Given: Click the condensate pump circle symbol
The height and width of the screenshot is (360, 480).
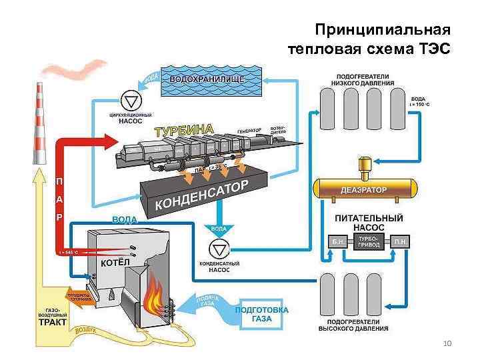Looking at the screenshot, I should coord(219,249).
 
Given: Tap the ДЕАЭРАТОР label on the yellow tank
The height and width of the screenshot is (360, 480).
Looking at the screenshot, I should coord(361,189).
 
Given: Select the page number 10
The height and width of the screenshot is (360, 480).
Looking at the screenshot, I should coord(447,343).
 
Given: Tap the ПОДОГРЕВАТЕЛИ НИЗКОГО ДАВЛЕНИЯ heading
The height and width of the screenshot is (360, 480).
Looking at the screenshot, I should coord(363,79).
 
